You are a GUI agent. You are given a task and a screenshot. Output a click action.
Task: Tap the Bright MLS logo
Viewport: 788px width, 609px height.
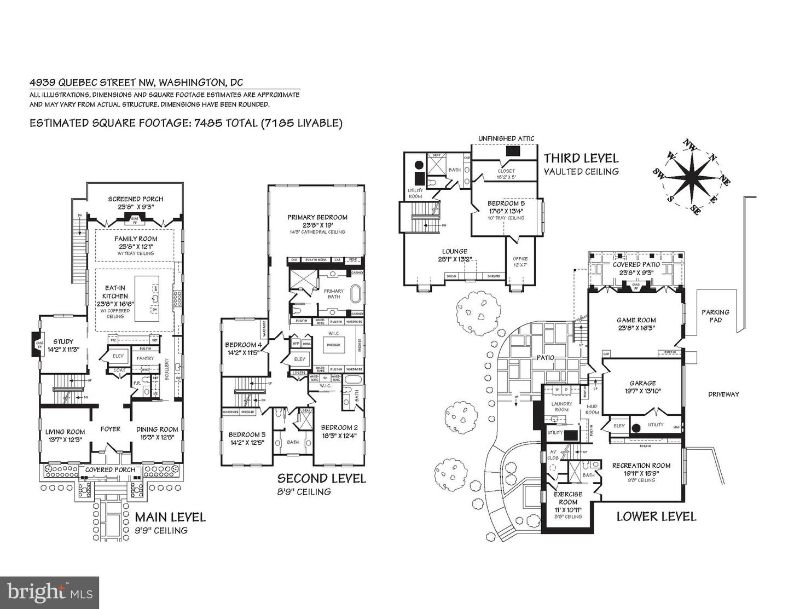pyautogui.click(x=49, y=593)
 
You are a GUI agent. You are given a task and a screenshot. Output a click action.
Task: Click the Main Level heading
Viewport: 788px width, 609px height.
pyautogui.click(x=170, y=517)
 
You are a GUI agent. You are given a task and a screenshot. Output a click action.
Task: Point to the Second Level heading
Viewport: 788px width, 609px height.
pyautogui.click(x=321, y=479)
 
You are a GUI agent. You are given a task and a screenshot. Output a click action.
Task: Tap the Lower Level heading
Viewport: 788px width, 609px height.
pyautogui.click(x=656, y=516)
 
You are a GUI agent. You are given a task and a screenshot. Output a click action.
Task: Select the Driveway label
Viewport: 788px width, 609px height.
pyautogui.click(x=723, y=394)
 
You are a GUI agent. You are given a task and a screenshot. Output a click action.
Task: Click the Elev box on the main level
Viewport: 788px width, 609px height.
pyautogui.click(x=118, y=356)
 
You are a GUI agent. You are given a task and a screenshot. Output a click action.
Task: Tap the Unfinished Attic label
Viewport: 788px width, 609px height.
pyautogui.click(x=506, y=138)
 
